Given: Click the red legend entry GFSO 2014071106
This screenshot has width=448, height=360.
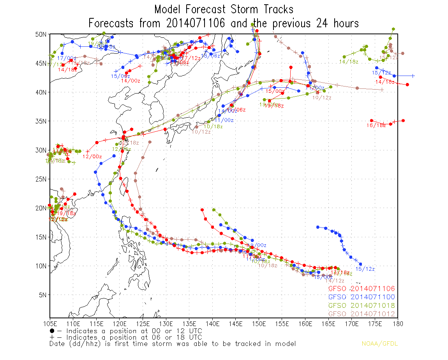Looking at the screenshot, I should point(362,289).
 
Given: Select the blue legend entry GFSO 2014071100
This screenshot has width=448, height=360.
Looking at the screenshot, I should point(362,297).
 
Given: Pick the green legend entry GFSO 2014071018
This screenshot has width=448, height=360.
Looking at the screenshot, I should point(362,305).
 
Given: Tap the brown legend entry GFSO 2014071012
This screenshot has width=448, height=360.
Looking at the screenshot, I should point(362,314).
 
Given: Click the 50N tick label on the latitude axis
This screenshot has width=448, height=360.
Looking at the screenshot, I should point(41,34).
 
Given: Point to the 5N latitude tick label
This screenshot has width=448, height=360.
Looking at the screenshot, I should point(42,295).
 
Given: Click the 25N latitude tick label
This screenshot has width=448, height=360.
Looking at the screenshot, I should point(41,179).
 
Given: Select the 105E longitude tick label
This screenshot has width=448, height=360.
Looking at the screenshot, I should point(50,323).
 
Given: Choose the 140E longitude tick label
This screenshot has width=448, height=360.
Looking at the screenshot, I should point(212,323).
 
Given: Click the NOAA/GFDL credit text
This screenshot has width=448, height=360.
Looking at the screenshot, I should point(379,344).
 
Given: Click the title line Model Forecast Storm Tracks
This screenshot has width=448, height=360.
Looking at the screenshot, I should point(224,9).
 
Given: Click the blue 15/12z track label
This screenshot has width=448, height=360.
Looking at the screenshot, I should point(365,269).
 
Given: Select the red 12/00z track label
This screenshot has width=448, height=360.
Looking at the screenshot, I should point(92,157).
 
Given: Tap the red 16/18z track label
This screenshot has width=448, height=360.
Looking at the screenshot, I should point(376,125).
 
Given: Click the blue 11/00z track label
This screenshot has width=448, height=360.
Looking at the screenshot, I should point(224,120).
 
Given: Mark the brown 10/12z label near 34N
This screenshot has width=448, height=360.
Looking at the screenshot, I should point(201,132).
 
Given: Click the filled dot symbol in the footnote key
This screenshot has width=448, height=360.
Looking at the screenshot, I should point(52,331).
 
